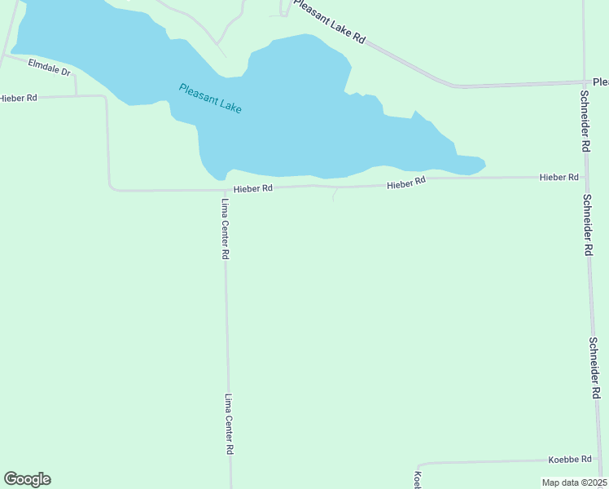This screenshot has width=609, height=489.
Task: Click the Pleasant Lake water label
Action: (210, 98)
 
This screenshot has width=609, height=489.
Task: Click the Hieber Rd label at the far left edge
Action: (18, 98)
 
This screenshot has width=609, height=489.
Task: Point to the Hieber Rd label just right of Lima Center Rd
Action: (252, 188)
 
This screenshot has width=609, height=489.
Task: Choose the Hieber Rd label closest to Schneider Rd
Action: (559, 177)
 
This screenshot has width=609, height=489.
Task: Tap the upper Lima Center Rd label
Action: (226, 229)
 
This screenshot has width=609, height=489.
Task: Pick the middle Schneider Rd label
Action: (586, 225)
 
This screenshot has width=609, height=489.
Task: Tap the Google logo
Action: (27, 479)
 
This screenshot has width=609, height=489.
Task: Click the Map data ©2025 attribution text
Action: (574, 482)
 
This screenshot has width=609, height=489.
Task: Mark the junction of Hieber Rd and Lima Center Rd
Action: (224, 190)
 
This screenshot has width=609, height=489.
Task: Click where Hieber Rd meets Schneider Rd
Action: (585, 176)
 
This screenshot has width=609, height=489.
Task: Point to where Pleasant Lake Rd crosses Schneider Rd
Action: (585, 82)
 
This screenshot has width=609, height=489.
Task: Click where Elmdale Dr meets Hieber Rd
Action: (76, 95)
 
